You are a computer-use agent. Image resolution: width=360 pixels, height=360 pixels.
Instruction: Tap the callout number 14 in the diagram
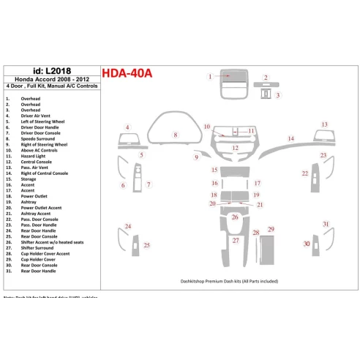290,138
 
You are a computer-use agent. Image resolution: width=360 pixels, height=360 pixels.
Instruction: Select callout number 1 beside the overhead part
210,76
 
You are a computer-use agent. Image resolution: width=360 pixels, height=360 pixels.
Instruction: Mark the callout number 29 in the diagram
271,229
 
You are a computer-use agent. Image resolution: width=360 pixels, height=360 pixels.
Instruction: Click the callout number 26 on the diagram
235,217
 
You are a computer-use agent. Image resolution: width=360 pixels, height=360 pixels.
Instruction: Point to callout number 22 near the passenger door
304,173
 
